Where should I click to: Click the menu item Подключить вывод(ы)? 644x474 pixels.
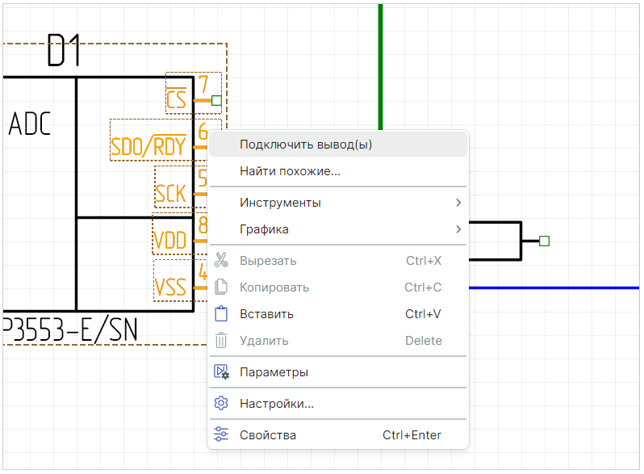[x=306, y=145]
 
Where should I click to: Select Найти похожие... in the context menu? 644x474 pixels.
[x=290, y=171]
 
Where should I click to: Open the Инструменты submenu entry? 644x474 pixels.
[x=280, y=202]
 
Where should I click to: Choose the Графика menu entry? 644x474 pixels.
[x=264, y=229]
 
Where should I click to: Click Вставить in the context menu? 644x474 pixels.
[x=266, y=314]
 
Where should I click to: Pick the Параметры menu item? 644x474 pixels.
[x=274, y=372]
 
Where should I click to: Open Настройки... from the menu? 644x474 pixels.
[x=276, y=404]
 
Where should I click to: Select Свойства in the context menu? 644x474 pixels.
[x=267, y=435]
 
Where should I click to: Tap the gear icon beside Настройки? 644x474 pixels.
[x=221, y=404]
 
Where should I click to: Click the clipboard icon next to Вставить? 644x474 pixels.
[x=221, y=314]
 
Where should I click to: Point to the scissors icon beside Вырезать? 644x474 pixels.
[x=221, y=261]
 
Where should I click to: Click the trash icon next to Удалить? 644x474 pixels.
[x=221, y=341]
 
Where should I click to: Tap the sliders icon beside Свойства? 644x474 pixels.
[x=221, y=435]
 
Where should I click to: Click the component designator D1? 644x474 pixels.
[x=65, y=51]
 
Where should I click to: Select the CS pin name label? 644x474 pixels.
[x=176, y=99]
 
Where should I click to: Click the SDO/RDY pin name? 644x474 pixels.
[x=148, y=146]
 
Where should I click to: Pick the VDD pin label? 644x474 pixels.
[x=170, y=240]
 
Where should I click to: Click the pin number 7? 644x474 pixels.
[x=203, y=83]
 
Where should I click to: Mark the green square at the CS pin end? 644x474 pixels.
[x=216, y=100]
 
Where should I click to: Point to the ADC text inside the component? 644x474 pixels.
[x=30, y=124]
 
